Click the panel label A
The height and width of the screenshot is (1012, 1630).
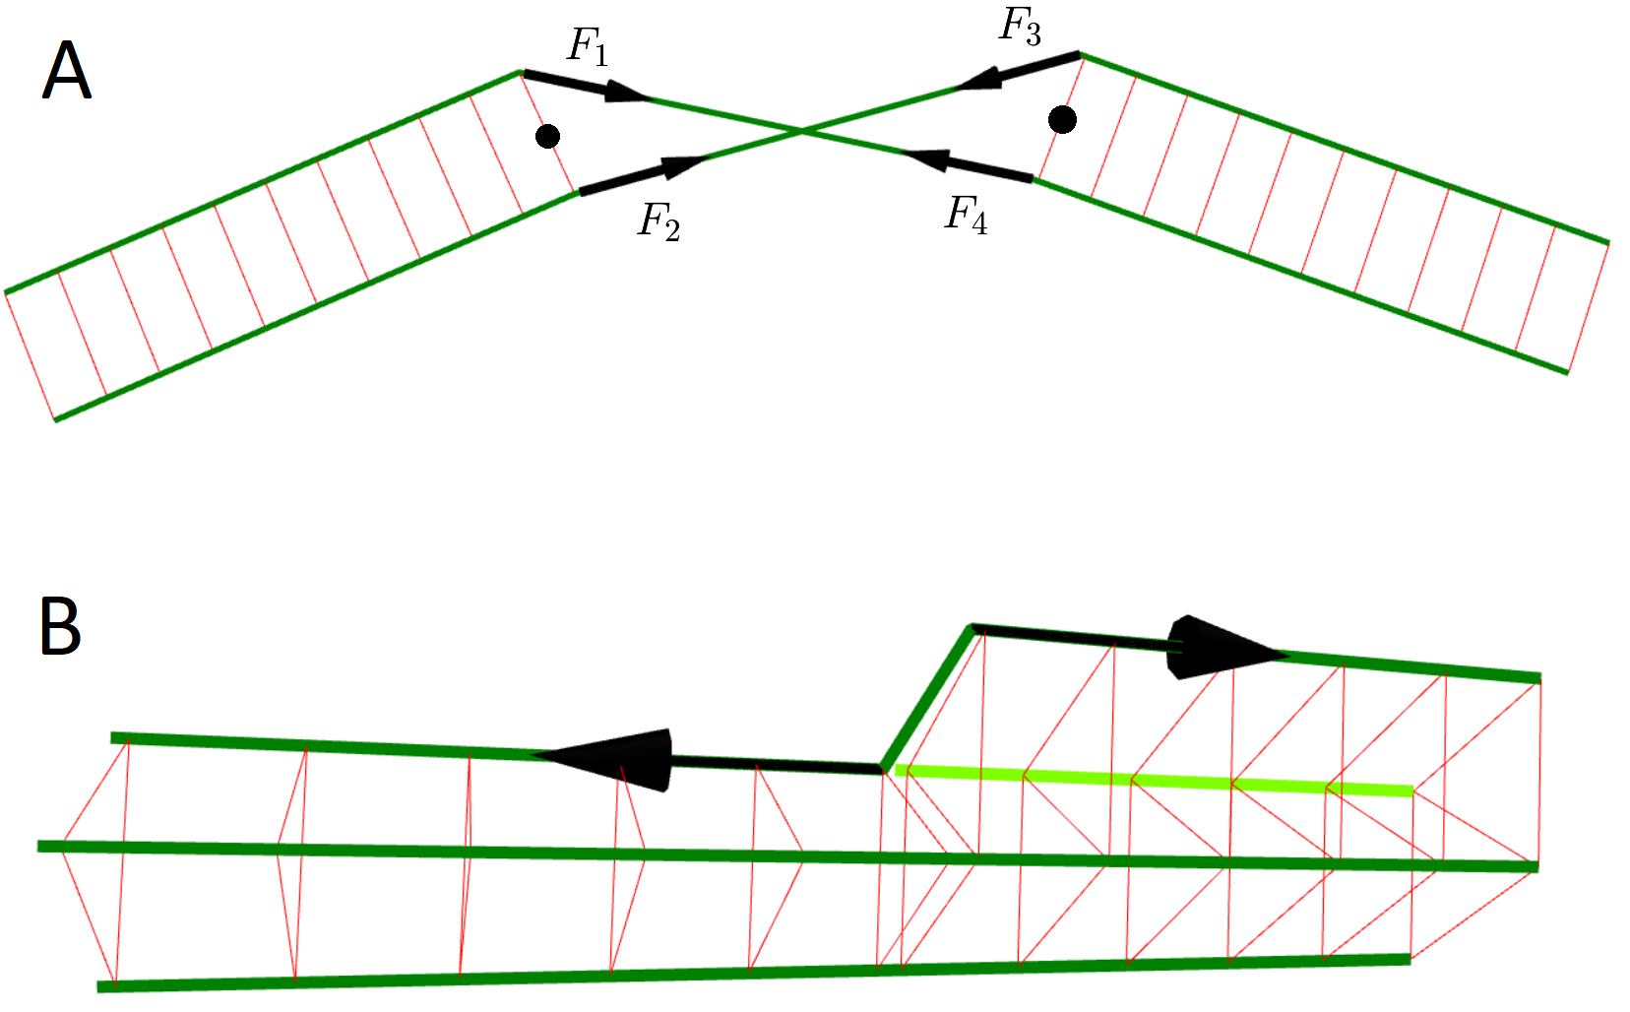67,71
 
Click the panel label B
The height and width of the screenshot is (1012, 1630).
60,626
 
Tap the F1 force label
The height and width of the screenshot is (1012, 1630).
588,46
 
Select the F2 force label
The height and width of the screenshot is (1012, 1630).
658,221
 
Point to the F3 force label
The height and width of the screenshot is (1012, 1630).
1019,26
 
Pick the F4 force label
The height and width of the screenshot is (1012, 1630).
966,214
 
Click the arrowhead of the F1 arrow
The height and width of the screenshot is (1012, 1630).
626,94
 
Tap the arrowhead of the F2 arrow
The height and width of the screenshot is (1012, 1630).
684,165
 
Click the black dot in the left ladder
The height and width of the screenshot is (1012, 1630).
548,136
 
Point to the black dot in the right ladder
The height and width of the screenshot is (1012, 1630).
1062,120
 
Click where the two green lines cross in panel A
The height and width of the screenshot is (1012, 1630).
803,130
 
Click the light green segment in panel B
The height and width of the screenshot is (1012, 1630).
1152,781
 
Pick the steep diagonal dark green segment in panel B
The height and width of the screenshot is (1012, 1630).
927,697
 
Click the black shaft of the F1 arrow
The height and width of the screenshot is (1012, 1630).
566,81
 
